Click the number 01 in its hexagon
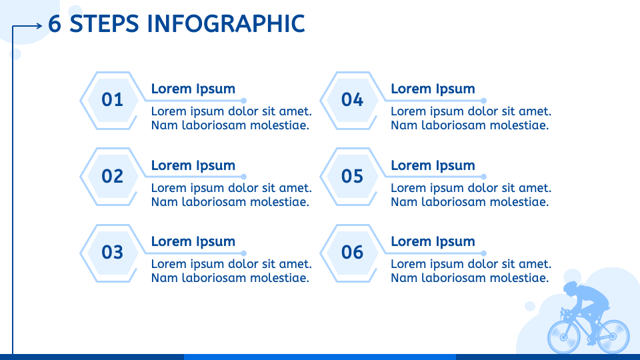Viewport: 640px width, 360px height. (112, 99)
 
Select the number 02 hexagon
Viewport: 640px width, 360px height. (112, 176)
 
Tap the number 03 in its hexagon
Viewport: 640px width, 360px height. (112, 252)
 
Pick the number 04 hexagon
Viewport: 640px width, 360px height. (352, 101)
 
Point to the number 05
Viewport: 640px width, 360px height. (352, 176)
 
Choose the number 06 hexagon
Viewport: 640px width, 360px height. (352, 253)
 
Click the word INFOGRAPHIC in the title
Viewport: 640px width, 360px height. (226, 24)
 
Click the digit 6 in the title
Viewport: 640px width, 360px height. (55, 24)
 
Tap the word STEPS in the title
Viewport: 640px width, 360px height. (104, 24)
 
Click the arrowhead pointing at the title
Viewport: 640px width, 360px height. (39, 26)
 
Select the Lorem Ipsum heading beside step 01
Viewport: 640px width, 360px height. (193, 89)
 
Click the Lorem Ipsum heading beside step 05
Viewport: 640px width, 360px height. (433, 165)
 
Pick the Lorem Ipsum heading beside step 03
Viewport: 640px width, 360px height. (193, 241)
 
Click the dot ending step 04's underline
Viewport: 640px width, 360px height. (484, 101)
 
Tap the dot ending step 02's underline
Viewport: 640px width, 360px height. (244, 177)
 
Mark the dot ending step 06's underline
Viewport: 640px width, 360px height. (484, 253)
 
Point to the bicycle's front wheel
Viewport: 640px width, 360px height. (564, 337)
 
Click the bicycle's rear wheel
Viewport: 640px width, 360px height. (613, 336)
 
